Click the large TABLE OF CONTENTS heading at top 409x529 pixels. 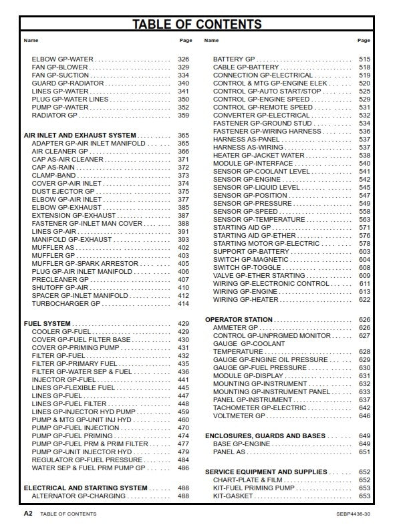point(196,25)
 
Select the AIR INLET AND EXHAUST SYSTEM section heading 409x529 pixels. point(80,135)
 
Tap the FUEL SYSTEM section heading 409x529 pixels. point(47,323)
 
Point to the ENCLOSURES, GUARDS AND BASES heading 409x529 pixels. point(265,435)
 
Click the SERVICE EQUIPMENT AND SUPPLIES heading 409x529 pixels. point(265,472)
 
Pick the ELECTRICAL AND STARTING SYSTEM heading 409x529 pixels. point(86,488)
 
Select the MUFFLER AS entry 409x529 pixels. point(53,247)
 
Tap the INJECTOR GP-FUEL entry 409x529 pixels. point(64,379)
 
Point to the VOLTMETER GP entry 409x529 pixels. point(239,415)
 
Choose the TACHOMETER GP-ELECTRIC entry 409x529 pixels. point(259,407)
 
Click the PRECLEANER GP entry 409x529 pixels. point(60,279)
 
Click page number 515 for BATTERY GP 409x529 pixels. point(364,59)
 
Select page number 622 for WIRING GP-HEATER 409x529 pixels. point(364,300)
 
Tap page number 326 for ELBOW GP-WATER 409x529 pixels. point(183,59)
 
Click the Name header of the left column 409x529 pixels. point(31,41)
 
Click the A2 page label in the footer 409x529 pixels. point(28,514)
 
